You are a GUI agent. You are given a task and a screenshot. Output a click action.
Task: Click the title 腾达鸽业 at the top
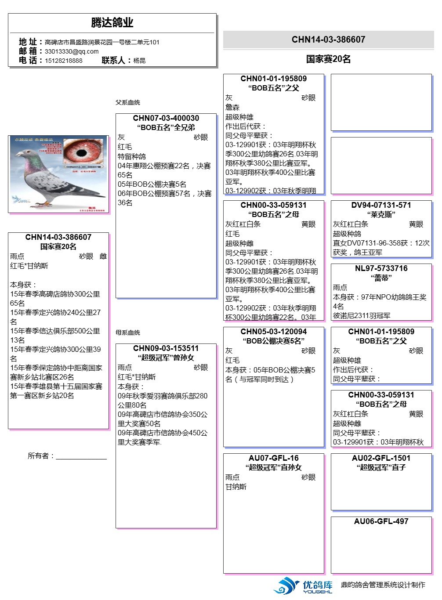[112, 22]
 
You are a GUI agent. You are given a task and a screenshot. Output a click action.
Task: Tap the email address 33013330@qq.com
[72, 51]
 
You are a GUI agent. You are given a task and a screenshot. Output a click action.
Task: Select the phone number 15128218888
[63, 61]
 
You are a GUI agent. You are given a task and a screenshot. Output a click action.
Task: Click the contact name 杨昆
[139, 61]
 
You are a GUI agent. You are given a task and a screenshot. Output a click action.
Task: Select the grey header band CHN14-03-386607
[328, 40]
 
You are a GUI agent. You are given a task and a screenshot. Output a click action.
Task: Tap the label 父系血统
[128, 102]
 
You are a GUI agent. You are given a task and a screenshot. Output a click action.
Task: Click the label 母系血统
[128, 333]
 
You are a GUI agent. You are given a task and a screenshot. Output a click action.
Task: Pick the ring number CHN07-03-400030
[166, 118]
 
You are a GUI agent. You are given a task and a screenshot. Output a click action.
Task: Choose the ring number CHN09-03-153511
[166, 348]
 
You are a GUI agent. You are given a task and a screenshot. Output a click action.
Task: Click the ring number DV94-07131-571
[381, 205]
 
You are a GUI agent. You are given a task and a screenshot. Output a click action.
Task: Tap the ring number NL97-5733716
[381, 268]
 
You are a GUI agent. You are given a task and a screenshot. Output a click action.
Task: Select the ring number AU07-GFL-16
[273, 458]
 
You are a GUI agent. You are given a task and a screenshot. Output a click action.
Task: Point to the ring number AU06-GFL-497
[381, 521]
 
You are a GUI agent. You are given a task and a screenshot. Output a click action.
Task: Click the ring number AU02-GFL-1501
[381, 458]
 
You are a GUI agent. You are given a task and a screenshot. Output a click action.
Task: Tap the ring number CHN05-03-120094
[273, 332]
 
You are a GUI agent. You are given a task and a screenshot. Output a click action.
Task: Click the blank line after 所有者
[81, 457]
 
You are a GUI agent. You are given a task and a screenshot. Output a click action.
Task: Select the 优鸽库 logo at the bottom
[303, 586]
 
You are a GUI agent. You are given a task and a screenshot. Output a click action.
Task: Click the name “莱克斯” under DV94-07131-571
[381, 214]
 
